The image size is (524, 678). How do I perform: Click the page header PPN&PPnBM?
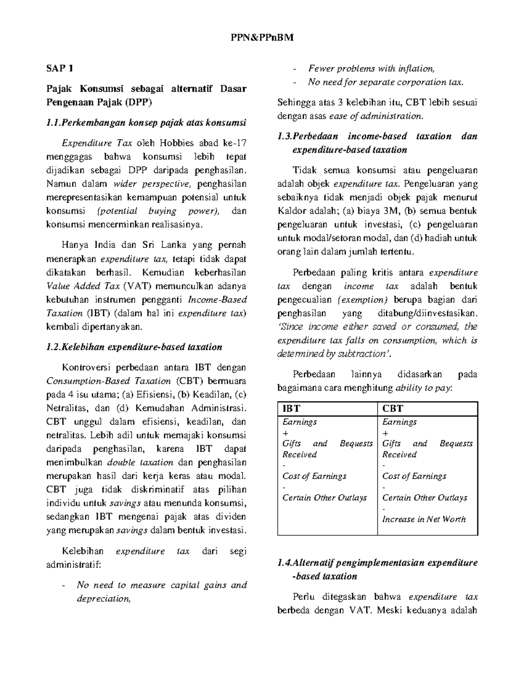point(262,38)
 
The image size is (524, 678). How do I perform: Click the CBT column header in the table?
point(392,409)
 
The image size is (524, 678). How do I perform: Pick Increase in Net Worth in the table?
point(424,519)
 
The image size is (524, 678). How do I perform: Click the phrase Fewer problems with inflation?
point(371,69)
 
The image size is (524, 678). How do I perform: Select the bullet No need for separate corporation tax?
point(386,82)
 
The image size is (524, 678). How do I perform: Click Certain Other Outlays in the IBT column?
point(324,498)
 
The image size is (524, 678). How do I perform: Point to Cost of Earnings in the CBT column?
point(414,476)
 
